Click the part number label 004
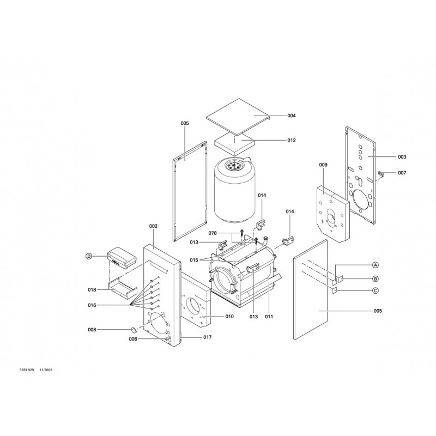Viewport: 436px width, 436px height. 292,116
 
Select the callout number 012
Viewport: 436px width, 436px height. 292,141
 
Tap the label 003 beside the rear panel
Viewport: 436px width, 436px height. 402,157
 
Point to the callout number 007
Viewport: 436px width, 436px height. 402,173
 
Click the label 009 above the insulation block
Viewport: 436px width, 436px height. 323,165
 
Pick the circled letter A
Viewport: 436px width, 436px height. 376,265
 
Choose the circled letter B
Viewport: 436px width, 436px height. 376,278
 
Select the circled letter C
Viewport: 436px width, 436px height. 376,291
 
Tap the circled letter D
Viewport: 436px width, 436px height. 88,256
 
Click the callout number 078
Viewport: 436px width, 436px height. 213,233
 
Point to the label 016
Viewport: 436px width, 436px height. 92,305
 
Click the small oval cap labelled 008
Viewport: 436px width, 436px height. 134,330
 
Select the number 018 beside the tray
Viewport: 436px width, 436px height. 92,290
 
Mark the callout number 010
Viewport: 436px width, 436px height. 229,317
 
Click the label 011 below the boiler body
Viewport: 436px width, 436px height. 269,317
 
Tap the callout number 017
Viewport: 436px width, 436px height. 208,337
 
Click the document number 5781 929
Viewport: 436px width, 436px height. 27,370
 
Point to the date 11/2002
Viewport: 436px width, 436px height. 46,370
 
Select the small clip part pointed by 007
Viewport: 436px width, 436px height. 380,174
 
